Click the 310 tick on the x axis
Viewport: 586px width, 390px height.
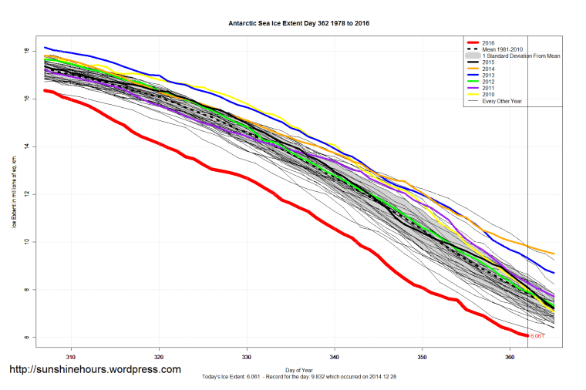coord(71,358)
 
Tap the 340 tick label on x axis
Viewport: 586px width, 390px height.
coord(335,358)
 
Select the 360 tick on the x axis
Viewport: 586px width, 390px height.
coord(510,358)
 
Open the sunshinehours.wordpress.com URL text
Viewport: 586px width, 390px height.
coord(95,370)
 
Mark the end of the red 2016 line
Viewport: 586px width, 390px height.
coord(527,336)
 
